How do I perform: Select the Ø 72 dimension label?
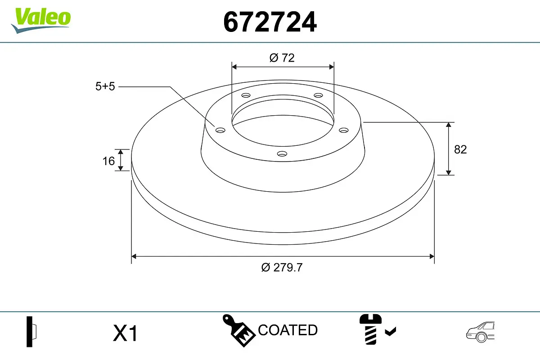(282, 58)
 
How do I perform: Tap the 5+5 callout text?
(105, 86)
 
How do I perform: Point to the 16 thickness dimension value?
(108, 161)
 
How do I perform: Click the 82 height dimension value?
(460, 149)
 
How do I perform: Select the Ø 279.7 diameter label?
(282, 267)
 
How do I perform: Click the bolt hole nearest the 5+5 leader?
(220, 130)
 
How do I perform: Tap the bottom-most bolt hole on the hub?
(282, 154)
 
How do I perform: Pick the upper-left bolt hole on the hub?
(245, 95)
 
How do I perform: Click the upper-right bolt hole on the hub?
(319, 95)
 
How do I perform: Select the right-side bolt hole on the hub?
(344, 130)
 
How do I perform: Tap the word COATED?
(288, 330)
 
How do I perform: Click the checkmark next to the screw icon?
(391, 332)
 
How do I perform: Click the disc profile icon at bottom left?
(31, 332)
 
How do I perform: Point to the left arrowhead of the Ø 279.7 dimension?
(134, 256)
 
